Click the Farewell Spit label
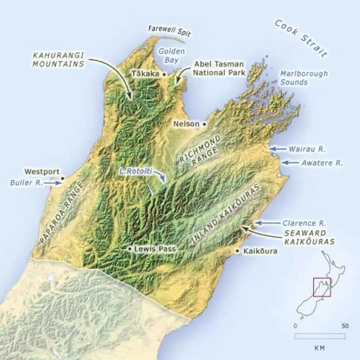[x=169, y=29]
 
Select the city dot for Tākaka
[x=164, y=74]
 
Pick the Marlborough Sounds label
[x=304, y=78]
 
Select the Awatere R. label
[x=322, y=163]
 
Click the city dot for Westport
[x=62, y=178]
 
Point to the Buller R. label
[x=26, y=183]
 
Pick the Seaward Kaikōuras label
[x=309, y=237]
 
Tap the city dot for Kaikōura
[x=238, y=252]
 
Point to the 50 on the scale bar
[x=345, y=326]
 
